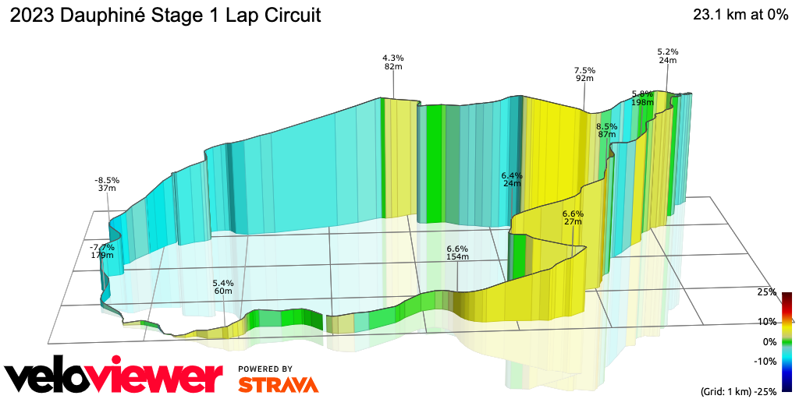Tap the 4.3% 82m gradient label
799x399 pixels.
392,62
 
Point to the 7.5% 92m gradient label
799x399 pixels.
584,73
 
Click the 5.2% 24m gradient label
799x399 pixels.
667,55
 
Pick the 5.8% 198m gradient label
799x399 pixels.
642,97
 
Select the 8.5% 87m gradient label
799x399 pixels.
606,130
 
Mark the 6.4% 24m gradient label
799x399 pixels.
511,180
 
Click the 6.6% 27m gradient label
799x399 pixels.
573,217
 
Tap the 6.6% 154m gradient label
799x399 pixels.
457,252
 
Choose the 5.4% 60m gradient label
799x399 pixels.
223,287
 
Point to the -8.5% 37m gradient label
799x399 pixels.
107,183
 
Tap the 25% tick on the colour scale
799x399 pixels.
767,292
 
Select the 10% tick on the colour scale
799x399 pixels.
767,321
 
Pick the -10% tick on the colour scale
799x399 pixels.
765,361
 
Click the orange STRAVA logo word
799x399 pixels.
278,384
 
